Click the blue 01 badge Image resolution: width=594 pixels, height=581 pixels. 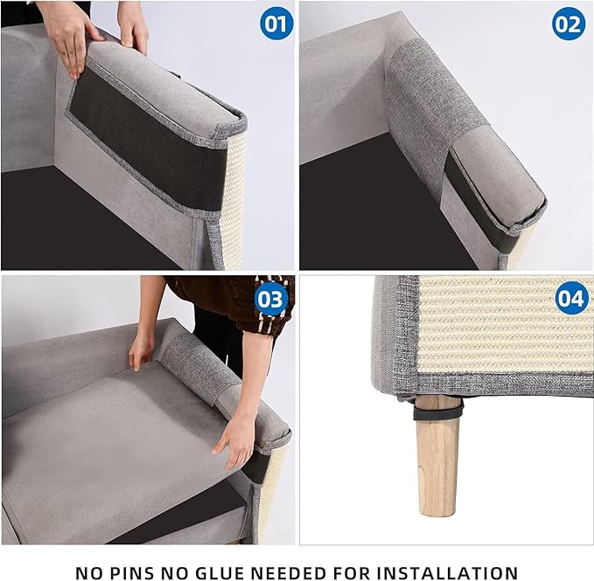(x=276, y=24)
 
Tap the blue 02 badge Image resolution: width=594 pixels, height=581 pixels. (x=568, y=24)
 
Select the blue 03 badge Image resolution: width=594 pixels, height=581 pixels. (x=271, y=301)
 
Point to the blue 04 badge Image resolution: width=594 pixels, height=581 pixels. (x=570, y=300)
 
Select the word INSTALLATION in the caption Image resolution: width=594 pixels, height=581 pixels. (x=445, y=572)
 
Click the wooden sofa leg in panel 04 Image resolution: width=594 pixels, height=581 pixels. (x=437, y=459)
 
